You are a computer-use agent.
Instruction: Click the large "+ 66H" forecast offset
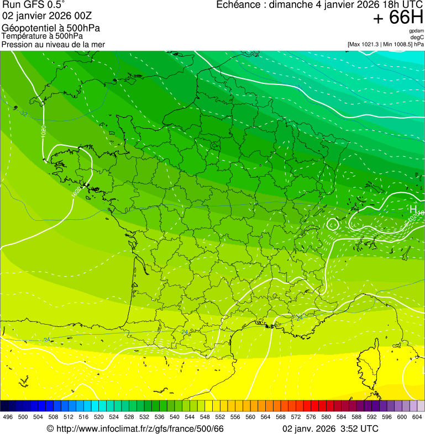[x=398, y=18]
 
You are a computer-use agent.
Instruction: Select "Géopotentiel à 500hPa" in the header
[x=51, y=28]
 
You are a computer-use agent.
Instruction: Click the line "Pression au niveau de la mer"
[x=53, y=44]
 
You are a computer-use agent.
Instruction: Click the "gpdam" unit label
[x=416, y=31]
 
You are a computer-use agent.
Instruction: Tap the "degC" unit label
[x=417, y=37]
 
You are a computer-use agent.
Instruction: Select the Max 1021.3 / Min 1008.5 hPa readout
[x=386, y=44]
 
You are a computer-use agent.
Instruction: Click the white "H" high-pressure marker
[x=413, y=209]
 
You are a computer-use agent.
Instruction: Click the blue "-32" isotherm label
[x=23, y=114]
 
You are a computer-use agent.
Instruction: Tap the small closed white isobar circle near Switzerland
[x=332, y=224]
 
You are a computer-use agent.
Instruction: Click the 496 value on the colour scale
[x=8, y=417]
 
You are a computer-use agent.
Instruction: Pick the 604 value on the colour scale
[x=417, y=417]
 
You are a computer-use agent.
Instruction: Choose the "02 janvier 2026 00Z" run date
[x=43, y=15]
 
